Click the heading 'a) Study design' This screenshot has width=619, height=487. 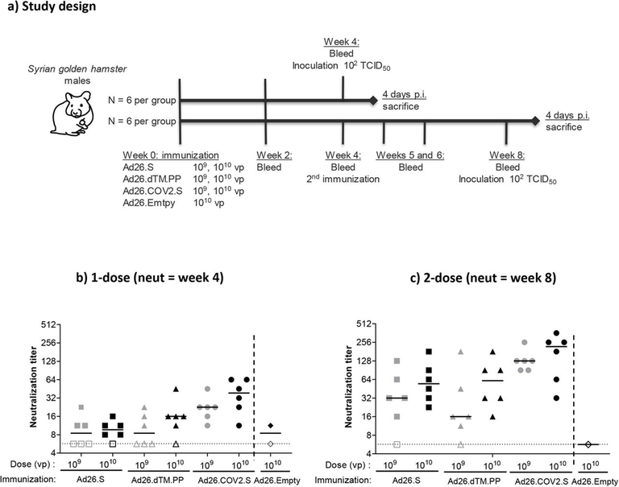(x=52, y=6)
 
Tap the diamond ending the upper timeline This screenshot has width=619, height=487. (x=373, y=100)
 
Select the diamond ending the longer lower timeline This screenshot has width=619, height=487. (x=535, y=121)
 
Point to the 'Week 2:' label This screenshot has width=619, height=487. (x=274, y=155)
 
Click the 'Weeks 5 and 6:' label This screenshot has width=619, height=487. (x=410, y=155)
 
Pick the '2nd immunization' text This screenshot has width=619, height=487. (x=343, y=179)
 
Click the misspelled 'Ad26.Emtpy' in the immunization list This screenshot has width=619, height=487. (x=149, y=204)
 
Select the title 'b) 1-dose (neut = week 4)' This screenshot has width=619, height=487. (x=150, y=278)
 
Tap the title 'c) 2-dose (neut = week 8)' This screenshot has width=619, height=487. (x=484, y=278)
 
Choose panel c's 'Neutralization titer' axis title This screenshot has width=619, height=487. (x=348, y=386)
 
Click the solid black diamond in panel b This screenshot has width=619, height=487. (x=271, y=426)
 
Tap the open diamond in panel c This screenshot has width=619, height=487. (x=588, y=444)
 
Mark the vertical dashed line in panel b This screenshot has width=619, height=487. (x=253, y=397)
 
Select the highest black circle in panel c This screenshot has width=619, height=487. (x=556, y=332)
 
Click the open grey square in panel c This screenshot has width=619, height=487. (x=397, y=444)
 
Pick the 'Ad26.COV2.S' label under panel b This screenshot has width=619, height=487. (x=224, y=481)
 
